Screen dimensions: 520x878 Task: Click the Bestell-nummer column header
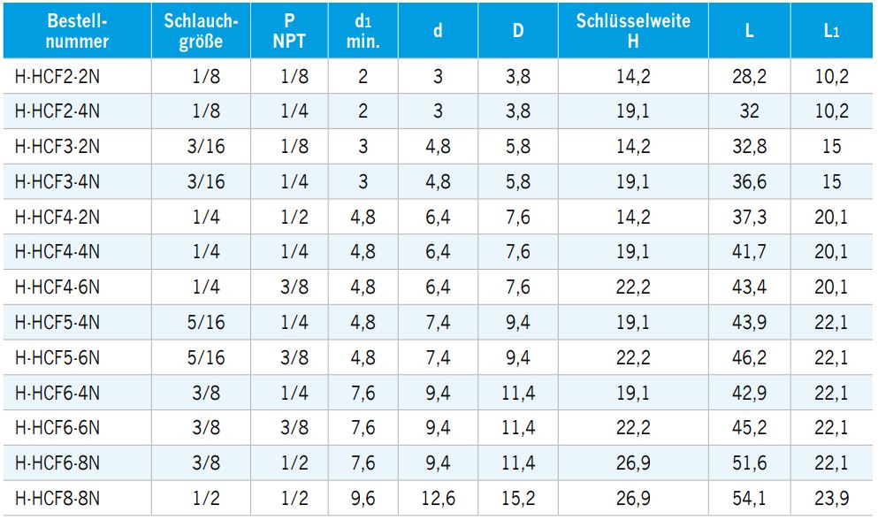point(77,31)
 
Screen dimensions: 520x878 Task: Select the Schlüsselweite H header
point(633,31)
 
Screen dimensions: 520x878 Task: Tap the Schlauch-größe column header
point(201,31)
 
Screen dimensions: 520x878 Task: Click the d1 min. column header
point(363,31)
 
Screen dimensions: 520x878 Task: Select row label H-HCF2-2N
point(58,77)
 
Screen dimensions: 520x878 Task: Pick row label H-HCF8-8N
point(58,499)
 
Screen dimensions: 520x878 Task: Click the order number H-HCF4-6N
point(58,287)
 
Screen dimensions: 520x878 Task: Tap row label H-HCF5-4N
point(58,323)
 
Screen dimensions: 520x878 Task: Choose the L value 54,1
point(749,499)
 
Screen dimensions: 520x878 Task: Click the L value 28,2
point(749,77)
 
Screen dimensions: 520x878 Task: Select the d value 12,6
point(438,499)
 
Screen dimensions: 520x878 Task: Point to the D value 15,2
point(518,499)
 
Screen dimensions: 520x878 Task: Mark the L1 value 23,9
point(831,499)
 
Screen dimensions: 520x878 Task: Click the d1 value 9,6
point(363,499)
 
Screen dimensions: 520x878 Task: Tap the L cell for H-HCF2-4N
point(749,112)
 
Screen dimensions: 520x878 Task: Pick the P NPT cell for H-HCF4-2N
point(294,218)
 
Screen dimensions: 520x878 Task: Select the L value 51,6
point(749,463)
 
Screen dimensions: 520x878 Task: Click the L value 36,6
point(749,182)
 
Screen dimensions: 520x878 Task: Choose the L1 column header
point(831,31)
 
